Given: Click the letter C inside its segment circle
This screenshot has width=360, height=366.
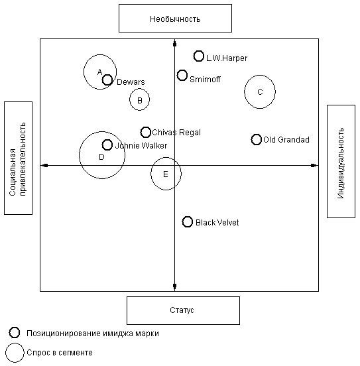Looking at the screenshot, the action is click(x=260, y=92).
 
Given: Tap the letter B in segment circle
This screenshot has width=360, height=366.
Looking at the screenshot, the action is click(x=140, y=100).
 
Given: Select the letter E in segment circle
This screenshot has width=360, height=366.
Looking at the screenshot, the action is click(x=165, y=174).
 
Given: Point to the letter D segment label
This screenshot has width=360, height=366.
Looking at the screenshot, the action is click(x=101, y=157).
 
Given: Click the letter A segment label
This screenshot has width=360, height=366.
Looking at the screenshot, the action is click(x=99, y=72).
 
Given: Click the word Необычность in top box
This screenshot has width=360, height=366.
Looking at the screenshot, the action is click(x=175, y=19).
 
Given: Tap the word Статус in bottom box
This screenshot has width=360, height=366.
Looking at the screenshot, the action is click(x=182, y=310).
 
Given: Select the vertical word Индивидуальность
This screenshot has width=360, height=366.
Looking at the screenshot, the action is click(x=341, y=163).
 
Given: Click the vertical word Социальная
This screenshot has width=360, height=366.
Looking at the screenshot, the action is click(x=13, y=172).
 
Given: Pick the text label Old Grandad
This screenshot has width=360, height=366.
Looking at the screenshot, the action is click(x=286, y=140).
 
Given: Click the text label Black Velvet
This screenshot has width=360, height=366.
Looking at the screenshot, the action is click(x=217, y=222).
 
